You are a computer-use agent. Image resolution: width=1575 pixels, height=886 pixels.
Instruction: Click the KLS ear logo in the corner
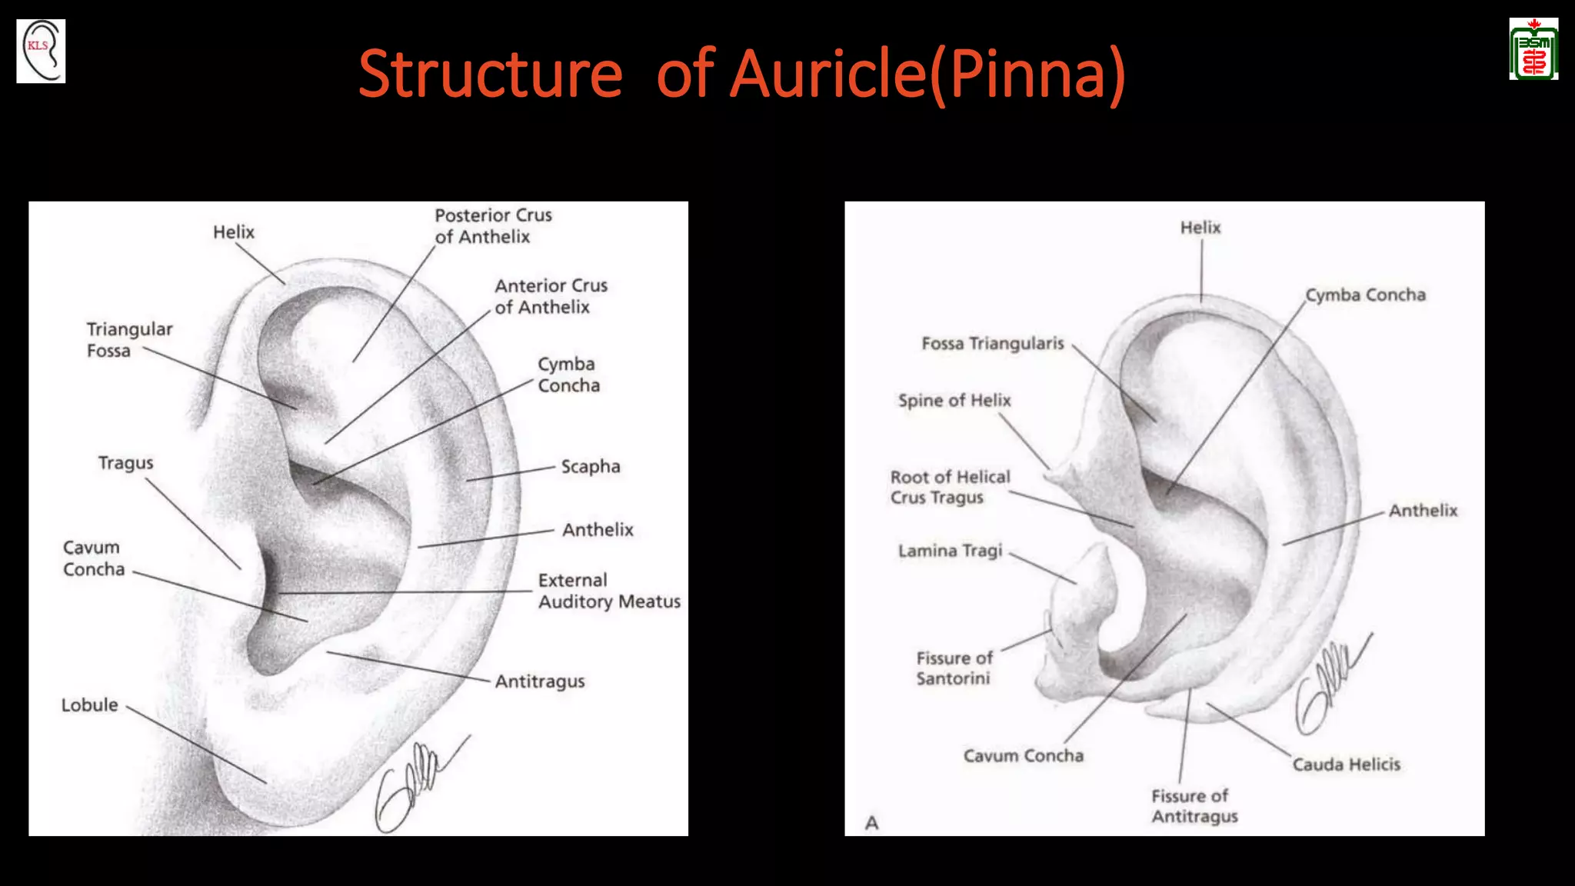[41, 51]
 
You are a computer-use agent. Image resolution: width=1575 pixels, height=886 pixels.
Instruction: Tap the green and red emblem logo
[1533, 49]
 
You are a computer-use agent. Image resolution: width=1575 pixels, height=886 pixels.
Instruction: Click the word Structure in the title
[491, 74]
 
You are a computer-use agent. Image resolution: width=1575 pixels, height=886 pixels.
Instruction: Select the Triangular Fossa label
[129, 340]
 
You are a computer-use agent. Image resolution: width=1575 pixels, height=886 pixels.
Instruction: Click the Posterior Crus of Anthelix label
[493, 226]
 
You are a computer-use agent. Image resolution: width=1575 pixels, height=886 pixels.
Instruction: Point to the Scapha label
[590, 467]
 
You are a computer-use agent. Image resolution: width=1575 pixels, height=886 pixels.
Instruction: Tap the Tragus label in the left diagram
[125, 463]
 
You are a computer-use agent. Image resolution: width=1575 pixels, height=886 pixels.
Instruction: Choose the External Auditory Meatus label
[609, 591]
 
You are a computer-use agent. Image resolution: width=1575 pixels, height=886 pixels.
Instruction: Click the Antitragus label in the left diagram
[540, 681]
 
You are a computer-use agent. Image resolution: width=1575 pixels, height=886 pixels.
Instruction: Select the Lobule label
[90, 705]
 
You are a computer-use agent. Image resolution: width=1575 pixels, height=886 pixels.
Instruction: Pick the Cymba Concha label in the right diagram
[1366, 295]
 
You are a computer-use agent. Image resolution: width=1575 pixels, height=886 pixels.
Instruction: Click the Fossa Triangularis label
[993, 343]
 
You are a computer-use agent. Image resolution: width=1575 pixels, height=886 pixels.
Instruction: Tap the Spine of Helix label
[954, 401]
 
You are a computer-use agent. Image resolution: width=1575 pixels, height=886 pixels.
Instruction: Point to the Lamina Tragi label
[951, 551]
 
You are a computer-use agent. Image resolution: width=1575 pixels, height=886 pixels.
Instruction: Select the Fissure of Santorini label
[954, 668]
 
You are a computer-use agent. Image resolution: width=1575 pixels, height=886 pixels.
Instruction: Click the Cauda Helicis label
[1346, 764]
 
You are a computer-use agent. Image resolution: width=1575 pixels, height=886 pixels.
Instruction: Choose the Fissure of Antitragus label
[1194, 806]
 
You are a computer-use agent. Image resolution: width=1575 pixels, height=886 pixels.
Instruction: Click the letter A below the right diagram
[871, 823]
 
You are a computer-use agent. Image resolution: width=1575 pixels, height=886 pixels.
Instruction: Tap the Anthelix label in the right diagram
[1423, 511]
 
